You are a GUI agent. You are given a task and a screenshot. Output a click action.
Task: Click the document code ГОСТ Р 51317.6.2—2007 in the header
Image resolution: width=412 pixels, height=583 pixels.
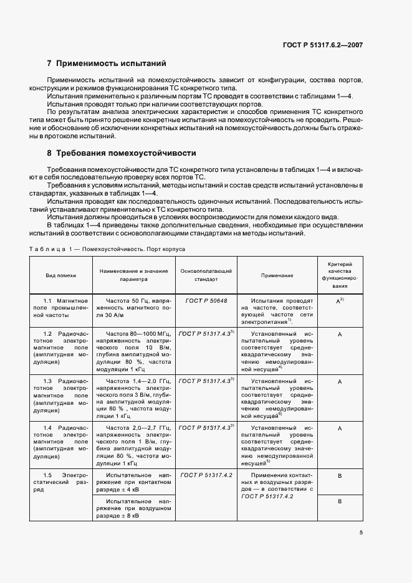click(x=322, y=45)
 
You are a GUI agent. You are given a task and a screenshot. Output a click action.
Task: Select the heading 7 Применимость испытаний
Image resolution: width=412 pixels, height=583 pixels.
click(x=107, y=64)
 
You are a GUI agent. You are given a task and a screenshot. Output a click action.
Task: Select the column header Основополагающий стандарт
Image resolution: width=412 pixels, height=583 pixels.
click(x=206, y=275)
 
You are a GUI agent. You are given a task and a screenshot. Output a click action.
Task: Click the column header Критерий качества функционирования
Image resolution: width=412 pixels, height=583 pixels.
click(x=340, y=275)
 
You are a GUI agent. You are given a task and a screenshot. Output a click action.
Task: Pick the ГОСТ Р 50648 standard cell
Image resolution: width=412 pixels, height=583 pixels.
click(x=206, y=300)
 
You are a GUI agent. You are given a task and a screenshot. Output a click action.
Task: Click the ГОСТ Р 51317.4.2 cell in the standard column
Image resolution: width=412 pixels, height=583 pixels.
click(x=206, y=475)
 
